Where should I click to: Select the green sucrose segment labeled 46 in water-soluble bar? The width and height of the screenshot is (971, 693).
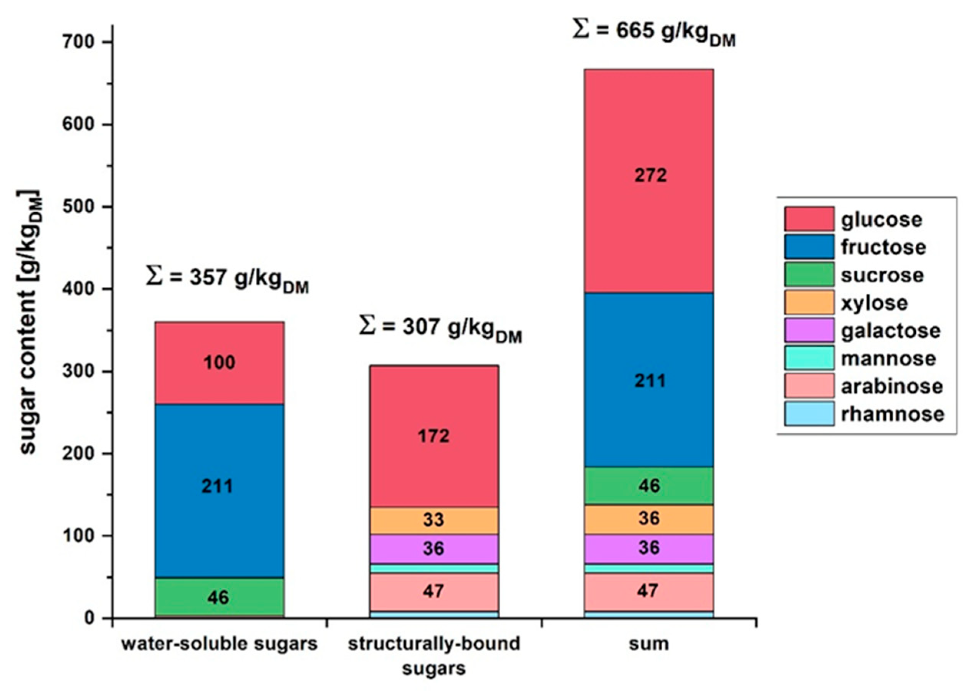tap(219, 597)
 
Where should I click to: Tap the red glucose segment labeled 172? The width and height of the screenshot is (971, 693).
tap(433, 436)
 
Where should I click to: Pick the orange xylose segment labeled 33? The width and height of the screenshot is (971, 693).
tap(433, 520)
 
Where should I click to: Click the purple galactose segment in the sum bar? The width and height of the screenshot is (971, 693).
tap(648, 548)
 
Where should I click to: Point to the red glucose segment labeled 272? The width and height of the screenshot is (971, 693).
tap(648, 175)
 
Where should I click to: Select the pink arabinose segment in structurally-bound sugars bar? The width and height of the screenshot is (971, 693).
tap(433, 591)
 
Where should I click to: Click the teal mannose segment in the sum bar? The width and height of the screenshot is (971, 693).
tap(648, 568)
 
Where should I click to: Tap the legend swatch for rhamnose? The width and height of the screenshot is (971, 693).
tap(809, 413)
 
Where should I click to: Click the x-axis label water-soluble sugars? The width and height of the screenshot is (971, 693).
tap(219, 643)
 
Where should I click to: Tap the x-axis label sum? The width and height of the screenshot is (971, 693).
tap(648, 643)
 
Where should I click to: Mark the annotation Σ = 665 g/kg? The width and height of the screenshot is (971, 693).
tap(653, 33)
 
